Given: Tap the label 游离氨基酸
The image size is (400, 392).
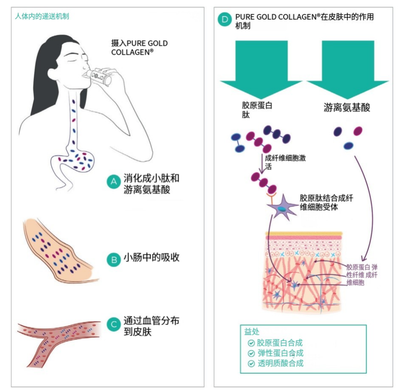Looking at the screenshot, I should (347, 108).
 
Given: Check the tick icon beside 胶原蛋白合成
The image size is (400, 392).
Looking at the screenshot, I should (251, 343).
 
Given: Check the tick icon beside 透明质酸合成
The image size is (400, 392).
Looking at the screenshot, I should (251, 363).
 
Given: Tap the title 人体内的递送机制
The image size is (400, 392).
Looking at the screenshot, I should (42, 16).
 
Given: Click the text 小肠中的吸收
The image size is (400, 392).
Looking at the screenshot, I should (151, 258).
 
